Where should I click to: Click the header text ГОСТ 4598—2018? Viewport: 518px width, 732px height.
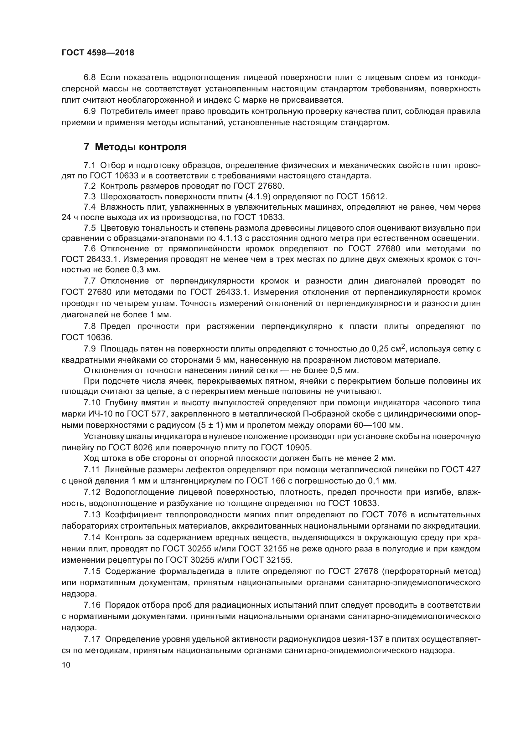(98, 53)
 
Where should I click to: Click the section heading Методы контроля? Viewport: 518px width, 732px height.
(141, 147)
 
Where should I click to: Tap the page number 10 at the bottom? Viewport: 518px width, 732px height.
(66, 665)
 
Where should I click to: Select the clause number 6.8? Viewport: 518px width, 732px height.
(89, 78)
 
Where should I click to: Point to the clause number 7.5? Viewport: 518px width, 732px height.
(89, 228)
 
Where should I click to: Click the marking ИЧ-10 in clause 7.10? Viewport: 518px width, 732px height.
(93, 414)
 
